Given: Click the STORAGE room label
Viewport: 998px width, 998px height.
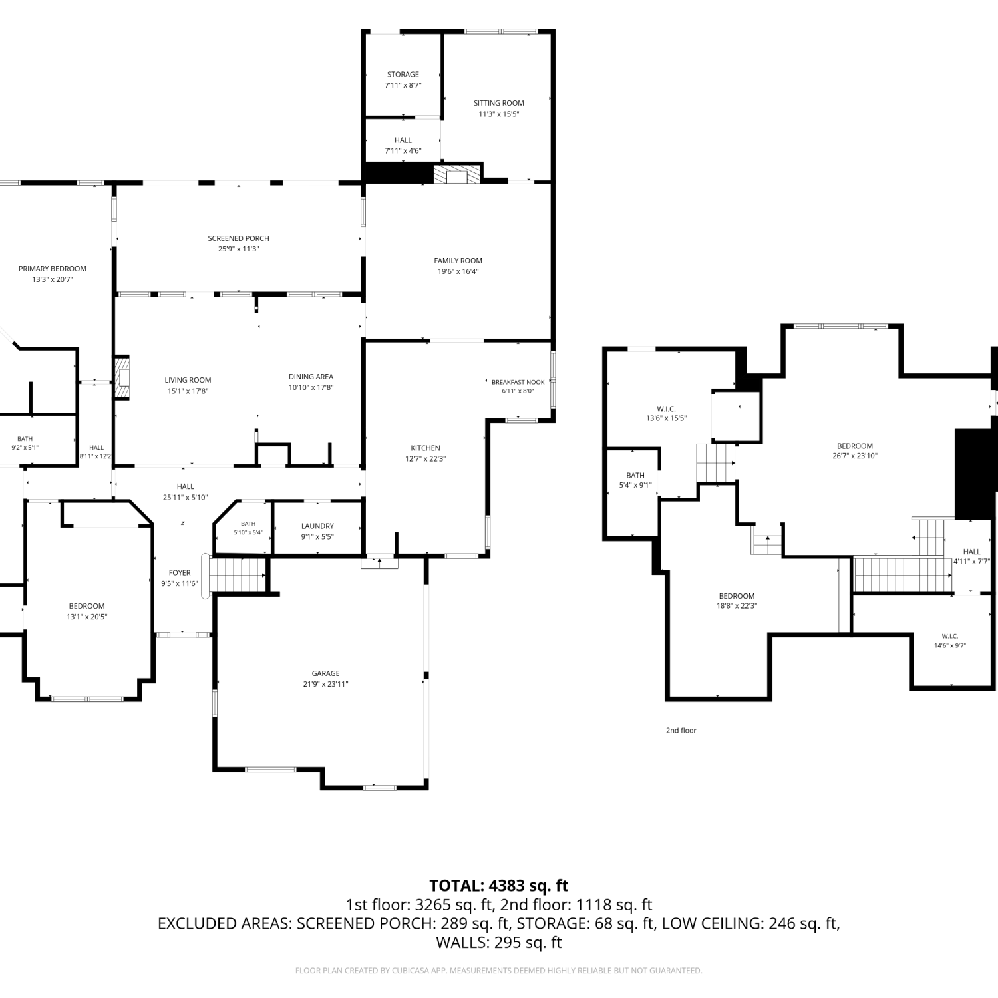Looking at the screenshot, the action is pos(403,75).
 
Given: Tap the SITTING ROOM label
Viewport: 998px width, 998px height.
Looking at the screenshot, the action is pos(499,103).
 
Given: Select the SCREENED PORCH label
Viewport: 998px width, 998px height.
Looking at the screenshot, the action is pos(238,238).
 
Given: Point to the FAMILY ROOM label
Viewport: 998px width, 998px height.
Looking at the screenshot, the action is pos(458,261).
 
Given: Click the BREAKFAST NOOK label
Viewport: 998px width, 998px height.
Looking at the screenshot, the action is pos(518,382).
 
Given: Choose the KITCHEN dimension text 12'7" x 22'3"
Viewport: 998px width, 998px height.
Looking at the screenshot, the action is pos(425,459).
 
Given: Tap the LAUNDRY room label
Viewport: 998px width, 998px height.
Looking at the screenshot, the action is pos(317,526).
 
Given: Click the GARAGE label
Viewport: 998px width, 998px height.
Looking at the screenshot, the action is pos(325,673).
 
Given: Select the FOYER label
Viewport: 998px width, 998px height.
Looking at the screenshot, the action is pos(180,573).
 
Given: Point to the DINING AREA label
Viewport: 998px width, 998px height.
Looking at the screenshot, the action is pos(311,377).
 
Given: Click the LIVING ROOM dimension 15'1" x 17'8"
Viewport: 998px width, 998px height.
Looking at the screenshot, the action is pos(188,391).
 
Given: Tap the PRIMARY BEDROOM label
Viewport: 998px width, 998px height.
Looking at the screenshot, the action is pos(53,269).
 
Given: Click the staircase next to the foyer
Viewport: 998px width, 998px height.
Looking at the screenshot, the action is pos(238,575).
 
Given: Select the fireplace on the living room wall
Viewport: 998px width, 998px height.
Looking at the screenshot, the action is pos(123,378).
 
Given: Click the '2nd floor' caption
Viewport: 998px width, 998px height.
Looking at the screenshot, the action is pos(681,731).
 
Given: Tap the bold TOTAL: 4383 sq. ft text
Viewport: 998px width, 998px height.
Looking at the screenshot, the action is pos(499,886).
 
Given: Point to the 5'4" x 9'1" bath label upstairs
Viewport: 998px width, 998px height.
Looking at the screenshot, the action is pos(635,486).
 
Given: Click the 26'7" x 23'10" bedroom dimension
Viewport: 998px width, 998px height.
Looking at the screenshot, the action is pos(855,456).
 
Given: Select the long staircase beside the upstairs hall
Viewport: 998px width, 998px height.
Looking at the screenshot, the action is pos(903,575).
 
